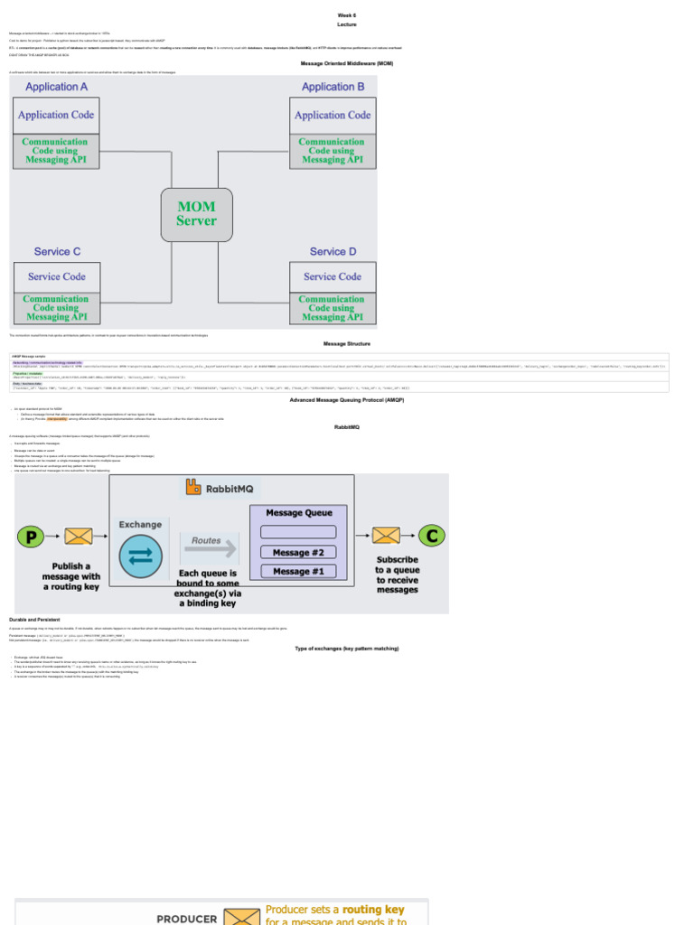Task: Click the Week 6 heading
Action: (347, 15)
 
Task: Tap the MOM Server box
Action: (196, 214)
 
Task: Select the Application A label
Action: (57, 87)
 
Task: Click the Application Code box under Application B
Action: (333, 115)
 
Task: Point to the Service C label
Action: (58, 251)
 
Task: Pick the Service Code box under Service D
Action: (333, 276)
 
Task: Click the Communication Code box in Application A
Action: (55, 151)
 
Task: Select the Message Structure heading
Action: (347, 343)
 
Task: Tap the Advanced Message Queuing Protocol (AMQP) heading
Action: (347, 399)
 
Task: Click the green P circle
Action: (31, 537)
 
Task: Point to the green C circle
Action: (432, 536)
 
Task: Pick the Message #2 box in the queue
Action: (298, 552)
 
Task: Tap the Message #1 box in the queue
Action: (298, 571)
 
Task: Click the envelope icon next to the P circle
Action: (79, 537)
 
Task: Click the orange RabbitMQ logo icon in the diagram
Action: (193, 488)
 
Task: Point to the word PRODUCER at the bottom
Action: (187, 919)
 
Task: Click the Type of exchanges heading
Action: (347, 649)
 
